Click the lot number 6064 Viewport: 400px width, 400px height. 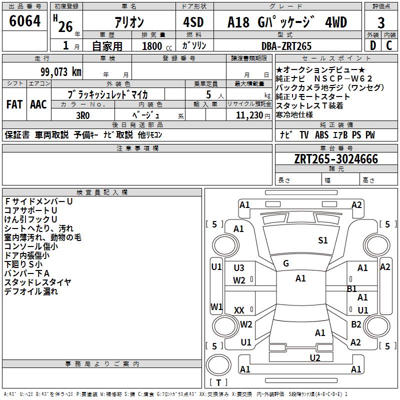(25, 22)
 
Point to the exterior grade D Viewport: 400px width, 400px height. (372, 45)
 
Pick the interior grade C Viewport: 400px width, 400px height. (389, 45)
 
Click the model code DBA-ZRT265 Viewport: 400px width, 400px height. (286, 46)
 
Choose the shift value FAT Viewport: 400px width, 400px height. (14, 104)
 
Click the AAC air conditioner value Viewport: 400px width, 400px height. (38, 104)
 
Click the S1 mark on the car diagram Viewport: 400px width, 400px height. (323, 240)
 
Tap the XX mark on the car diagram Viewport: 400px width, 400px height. (239, 310)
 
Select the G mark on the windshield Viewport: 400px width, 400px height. (286, 263)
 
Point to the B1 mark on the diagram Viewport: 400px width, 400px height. (351, 289)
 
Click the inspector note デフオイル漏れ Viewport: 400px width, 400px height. (31, 291)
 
